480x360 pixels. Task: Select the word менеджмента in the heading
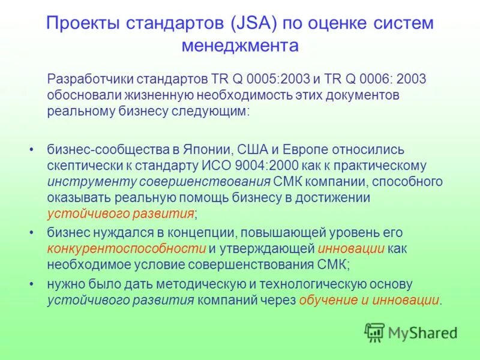click(239, 46)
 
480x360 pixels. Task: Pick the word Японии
click(210, 149)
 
